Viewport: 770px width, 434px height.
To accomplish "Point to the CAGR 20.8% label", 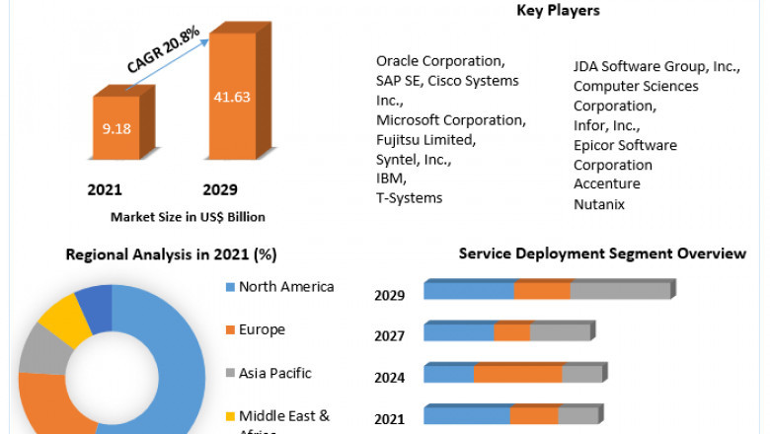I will click(x=163, y=50).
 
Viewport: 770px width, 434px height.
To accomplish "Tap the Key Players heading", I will click(x=558, y=11).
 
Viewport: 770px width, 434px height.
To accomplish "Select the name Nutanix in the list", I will click(x=599, y=204).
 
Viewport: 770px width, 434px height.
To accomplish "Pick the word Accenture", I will click(x=606, y=184).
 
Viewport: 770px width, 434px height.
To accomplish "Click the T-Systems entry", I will click(x=409, y=198).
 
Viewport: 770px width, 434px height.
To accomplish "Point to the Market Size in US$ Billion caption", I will click(x=188, y=217).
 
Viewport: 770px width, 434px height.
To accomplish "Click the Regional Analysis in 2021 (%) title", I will click(x=171, y=254).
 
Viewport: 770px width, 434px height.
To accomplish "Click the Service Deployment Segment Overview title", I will click(x=602, y=254).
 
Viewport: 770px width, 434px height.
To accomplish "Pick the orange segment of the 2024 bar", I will click(x=517, y=374).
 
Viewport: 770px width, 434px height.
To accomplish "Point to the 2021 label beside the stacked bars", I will click(x=389, y=419).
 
